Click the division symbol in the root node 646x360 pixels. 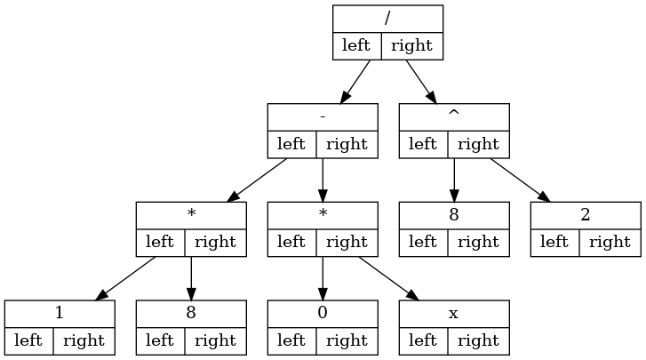[x=387, y=19]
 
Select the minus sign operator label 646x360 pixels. [x=322, y=117]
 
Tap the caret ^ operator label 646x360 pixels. [x=453, y=117]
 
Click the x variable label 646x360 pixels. [x=453, y=315]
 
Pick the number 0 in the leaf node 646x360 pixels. [x=322, y=315]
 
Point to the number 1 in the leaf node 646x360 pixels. [x=59, y=315]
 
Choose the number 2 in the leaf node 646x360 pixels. [x=585, y=216]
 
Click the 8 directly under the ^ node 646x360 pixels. [x=453, y=216]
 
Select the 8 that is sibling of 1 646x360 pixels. [x=190, y=315]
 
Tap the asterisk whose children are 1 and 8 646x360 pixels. [x=190, y=216]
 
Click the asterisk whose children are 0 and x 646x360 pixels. [x=322, y=216]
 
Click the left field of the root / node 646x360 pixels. [x=356, y=45]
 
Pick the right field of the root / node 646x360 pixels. [x=411, y=45]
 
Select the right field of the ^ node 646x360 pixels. [x=477, y=144]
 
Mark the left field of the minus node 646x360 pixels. [x=291, y=144]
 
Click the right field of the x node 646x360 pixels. [x=477, y=340]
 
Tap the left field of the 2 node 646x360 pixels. [x=554, y=243]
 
